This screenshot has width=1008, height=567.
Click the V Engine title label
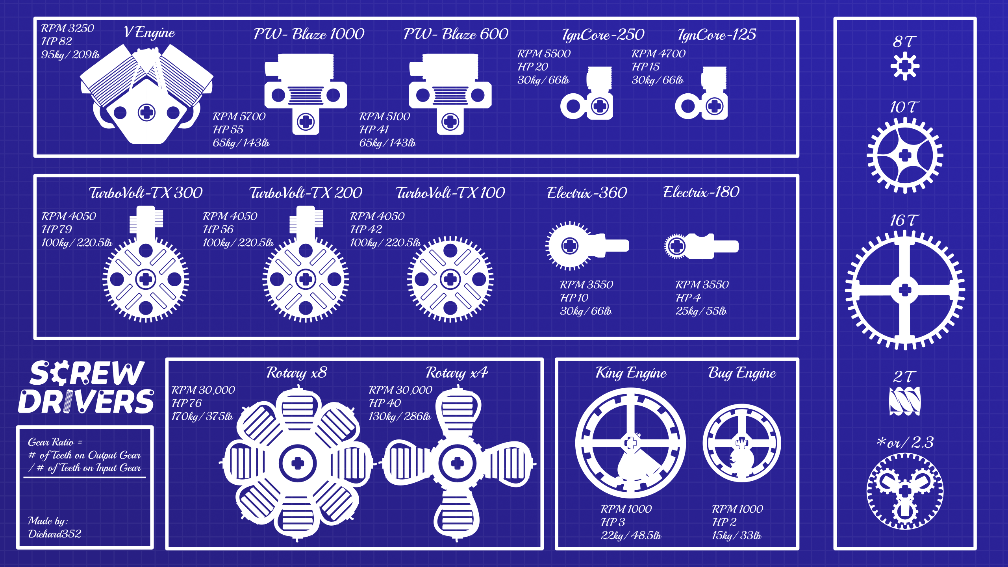pyautogui.click(x=149, y=32)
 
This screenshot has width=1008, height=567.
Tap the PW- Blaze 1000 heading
pyautogui.click(x=309, y=34)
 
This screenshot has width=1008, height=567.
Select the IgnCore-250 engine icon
pyautogui.click(x=587, y=93)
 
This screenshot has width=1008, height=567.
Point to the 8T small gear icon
pyautogui.click(x=905, y=66)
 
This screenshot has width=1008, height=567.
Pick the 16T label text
pyautogui.click(x=904, y=220)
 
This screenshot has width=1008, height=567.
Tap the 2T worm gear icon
pyautogui.click(x=905, y=401)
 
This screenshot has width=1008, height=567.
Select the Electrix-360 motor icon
pyautogui.click(x=587, y=246)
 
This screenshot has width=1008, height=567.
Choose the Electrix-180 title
pyautogui.click(x=701, y=192)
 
